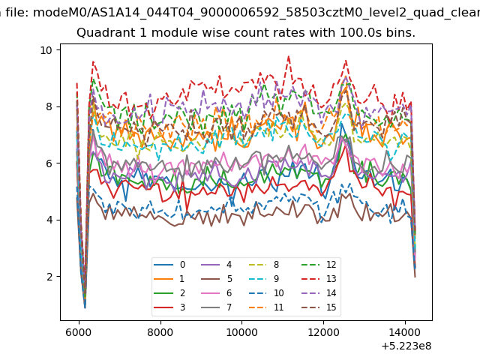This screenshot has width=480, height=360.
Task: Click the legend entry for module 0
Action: click(169, 265)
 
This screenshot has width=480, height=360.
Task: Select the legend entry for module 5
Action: click(216, 279)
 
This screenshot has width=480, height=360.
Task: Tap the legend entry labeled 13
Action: click(319, 279)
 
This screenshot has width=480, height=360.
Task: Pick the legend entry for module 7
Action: click(216, 307)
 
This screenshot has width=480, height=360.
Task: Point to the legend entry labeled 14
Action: click(319, 293)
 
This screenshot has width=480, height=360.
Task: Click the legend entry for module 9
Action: click(263, 279)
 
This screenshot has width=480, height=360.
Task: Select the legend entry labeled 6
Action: click(216, 293)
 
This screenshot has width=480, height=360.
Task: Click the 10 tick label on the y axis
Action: click(46, 50)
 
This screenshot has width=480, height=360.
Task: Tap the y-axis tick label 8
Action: click(49, 106)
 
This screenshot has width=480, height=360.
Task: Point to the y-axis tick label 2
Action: click(49, 277)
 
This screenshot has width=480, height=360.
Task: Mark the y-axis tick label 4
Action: click(49, 220)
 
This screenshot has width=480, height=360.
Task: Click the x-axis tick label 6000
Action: click(79, 332)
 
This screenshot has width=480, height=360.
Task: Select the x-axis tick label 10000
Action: click(241, 332)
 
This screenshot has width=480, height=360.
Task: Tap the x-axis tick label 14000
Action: click(405, 332)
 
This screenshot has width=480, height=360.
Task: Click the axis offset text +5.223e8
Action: click(406, 346)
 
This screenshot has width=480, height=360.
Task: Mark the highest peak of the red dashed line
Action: click(288, 56)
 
